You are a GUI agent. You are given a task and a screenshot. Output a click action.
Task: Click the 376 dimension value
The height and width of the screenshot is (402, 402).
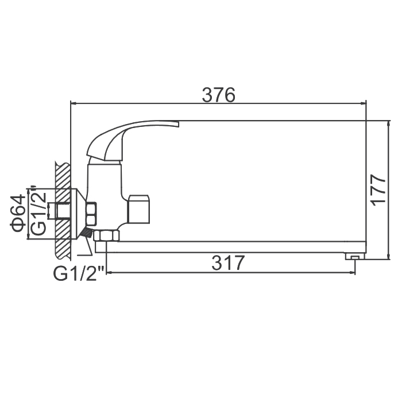[218, 95]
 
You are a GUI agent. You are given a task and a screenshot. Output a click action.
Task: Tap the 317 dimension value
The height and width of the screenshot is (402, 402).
[228, 263]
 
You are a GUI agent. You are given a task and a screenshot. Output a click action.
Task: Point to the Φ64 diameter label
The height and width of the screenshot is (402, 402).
[18, 213]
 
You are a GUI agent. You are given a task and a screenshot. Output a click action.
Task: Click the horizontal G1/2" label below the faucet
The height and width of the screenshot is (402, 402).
[79, 273]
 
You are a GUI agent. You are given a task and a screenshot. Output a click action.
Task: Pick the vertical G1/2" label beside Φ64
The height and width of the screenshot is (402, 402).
[38, 210]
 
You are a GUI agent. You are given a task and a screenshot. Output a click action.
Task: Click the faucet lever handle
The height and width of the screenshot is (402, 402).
[133, 141]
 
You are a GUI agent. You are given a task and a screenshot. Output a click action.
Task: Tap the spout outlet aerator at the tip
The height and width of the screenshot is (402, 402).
[355, 256]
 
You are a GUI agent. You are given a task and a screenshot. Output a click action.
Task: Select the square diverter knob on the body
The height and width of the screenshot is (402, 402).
[139, 208]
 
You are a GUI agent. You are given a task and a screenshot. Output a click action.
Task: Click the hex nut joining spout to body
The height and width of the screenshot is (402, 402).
[106, 236]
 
